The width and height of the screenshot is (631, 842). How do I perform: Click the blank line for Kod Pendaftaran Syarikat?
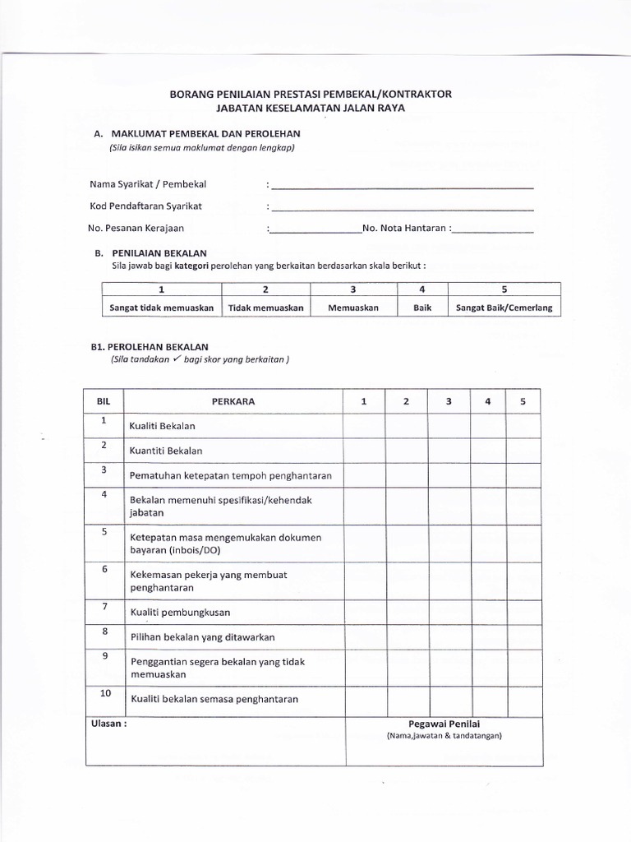point(403,209)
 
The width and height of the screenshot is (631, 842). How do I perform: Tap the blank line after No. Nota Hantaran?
point(493,232)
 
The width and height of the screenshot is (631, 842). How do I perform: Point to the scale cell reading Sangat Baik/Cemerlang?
point(504,308)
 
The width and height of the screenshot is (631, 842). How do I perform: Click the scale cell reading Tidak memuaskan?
point(265,308)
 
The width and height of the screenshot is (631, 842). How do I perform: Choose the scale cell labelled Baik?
point(421,308)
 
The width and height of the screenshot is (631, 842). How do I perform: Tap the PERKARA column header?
point(233,401)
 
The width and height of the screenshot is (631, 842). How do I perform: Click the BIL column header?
point(104,401)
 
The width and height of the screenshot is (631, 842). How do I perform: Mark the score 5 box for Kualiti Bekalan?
point(523,426)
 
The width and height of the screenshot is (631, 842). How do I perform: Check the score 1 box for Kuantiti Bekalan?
point(363,451)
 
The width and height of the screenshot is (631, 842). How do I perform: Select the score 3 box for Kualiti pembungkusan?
point(448,612)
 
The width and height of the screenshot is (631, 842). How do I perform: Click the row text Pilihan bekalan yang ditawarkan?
point(202,637)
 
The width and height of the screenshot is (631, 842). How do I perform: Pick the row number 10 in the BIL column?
point(104,694)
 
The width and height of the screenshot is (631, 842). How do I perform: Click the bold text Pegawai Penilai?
point(444,724)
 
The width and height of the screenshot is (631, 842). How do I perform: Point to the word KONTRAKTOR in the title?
point(416,94)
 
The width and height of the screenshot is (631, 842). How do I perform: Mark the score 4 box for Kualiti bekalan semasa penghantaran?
point(487,699)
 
